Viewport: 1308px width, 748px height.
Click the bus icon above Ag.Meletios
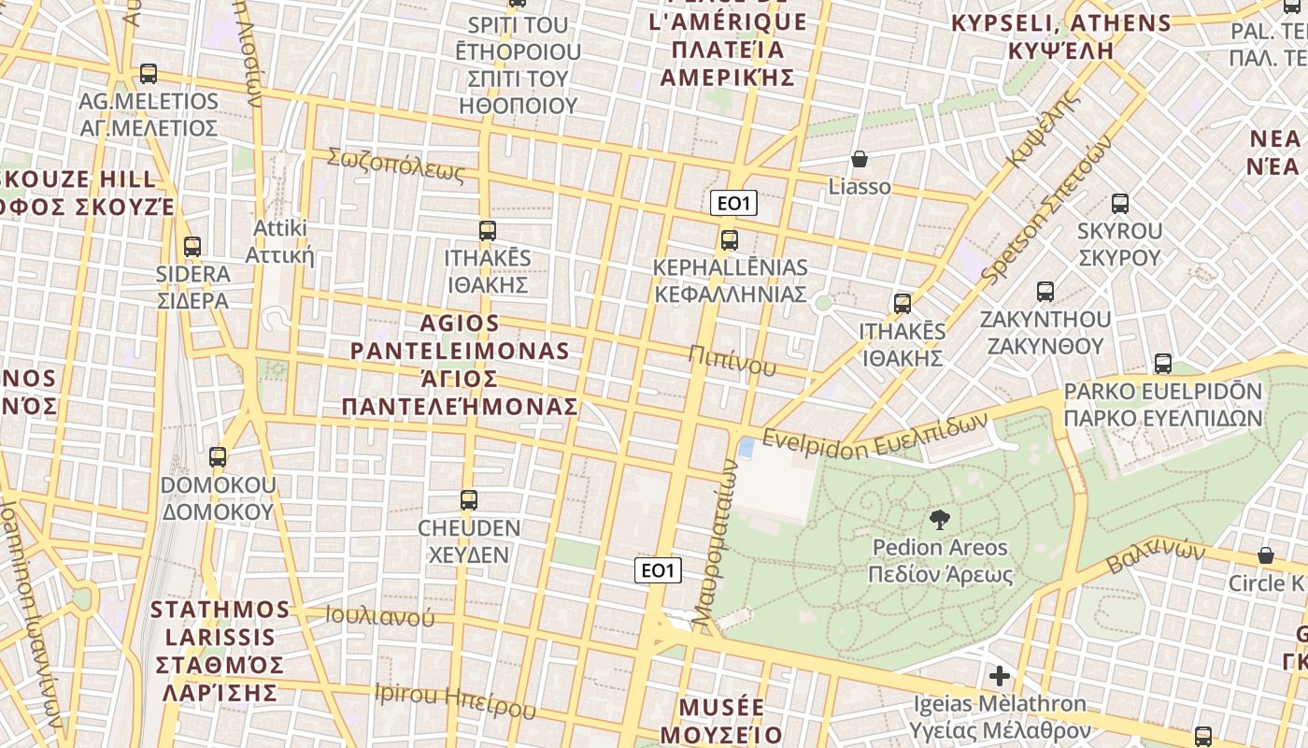click(x=148, y=74)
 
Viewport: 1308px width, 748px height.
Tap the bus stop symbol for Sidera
click(x=192, y=247)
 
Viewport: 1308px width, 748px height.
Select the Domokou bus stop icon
click(x=218, y=457)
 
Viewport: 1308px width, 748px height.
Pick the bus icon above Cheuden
click(x=469, y=500)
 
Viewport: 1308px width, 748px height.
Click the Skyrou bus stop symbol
click(x=1120, y=203)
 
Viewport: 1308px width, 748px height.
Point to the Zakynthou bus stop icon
click(x=1045, y=292)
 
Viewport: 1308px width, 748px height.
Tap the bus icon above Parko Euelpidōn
click(x=1163, y=364)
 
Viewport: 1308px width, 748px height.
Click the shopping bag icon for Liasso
click(x=860, y=160)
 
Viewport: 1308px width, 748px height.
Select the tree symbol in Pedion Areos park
click(x=940, y=520)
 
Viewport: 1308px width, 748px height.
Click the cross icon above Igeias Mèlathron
click(x=1000, y=675)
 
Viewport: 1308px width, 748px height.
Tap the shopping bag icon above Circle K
click(x=1266, y=555)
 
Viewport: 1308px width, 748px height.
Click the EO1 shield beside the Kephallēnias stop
click(x=733, y=203)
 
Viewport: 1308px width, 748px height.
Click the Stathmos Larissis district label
click(x=220, y=651)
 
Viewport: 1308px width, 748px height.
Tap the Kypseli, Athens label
click(x=1061, y=36)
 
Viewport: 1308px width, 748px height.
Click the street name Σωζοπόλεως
click(x=395, y=165)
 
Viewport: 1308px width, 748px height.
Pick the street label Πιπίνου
click(x=732, y=360)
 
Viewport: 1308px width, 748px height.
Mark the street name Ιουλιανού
click(x=379, y=616)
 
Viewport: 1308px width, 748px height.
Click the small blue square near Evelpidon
click(x=746, y=447)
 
